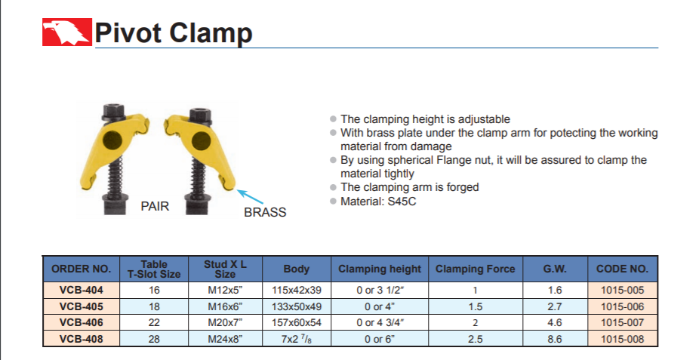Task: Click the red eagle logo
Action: click(67, 32)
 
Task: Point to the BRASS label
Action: click(265, 212)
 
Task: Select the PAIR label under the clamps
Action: click(156, 206)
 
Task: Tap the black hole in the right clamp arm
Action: click(201, 141)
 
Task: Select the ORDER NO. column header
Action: click(81, 269)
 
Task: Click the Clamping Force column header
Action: click(476, 269)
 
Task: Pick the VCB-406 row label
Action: click(81, 322)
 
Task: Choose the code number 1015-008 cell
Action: click(623, 339)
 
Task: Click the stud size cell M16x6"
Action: click(225, 306)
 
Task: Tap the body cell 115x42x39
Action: click(297, 290)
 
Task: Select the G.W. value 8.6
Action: click(555, 339)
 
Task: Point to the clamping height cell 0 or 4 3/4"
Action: click(380, 322)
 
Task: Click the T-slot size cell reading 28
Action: click(154, 339)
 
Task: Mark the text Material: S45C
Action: click(378, 202)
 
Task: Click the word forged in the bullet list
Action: click(463, 187)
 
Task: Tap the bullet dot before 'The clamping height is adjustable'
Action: click(333, 119)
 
